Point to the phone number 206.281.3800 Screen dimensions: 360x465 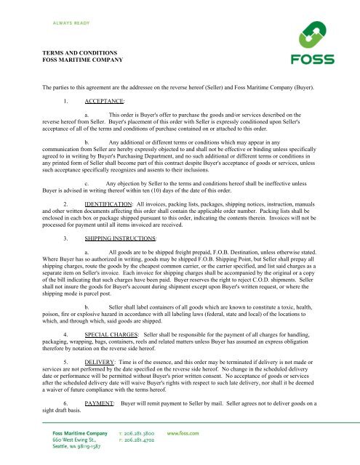pyautogui.click(x=144, y=434)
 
